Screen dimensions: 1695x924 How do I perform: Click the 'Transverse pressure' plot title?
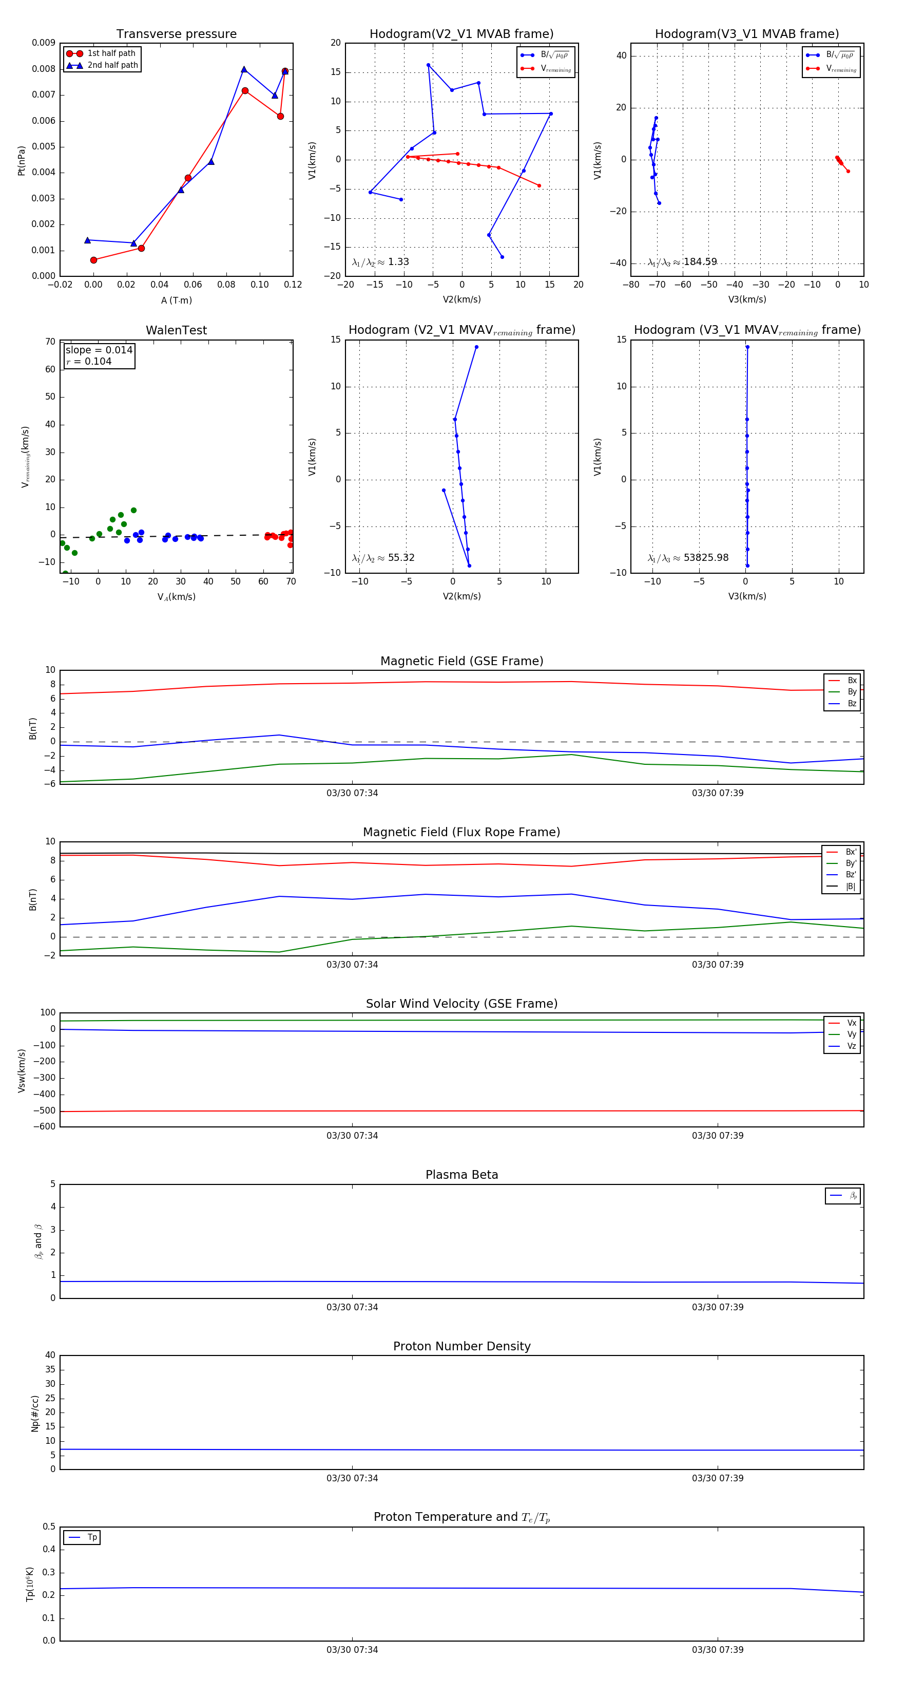(x=176, y=34)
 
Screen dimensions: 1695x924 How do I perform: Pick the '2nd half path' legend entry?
(x=112, y=65)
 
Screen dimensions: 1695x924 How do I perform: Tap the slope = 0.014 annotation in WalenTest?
(x=99, y=350)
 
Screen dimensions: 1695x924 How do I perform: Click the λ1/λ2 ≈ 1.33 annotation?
(x=380, y=262)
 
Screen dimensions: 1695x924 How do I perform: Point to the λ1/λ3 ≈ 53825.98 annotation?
(x=687, y=558)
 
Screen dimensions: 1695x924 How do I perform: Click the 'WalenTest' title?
(x=176, y=330)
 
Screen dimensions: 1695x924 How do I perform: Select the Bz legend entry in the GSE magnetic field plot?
(x=852, y=703)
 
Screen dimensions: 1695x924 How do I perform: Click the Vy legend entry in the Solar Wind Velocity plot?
(x=852, y=1034)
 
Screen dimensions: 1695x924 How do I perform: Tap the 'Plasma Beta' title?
(x=461, y=1175)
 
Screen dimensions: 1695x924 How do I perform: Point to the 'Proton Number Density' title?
(x=461, y=1346)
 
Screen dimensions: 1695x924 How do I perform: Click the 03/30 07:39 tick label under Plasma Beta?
(x=718, y=1307)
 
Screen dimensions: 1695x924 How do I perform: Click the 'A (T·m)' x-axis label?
(x=176, y=300)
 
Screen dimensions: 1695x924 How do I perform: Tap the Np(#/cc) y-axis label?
(x=35, y=1414)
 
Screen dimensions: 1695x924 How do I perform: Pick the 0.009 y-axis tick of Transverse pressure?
(x=44, y=43)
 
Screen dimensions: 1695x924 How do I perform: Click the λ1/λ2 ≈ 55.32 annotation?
(x=383, y=558)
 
